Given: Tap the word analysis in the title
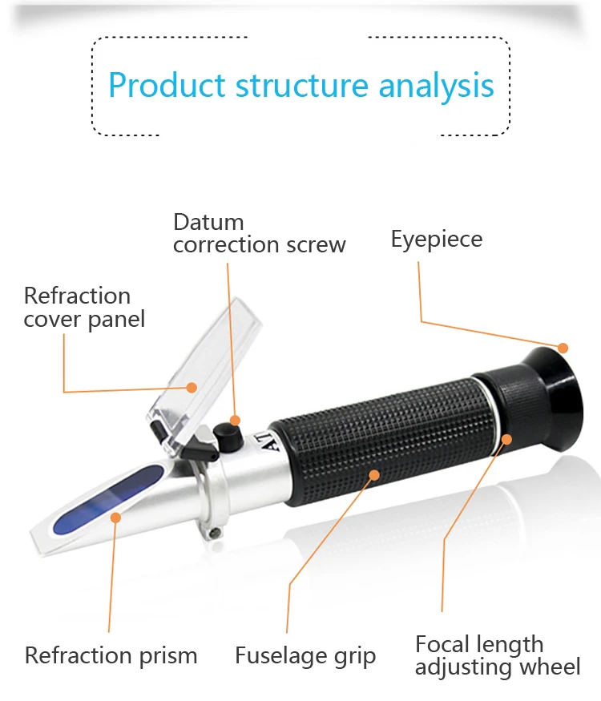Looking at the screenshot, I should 436,85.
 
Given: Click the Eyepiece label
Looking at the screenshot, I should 437,239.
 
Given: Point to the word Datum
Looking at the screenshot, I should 208,222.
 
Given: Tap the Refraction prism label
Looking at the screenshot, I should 111,655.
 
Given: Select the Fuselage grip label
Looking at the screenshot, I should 305,657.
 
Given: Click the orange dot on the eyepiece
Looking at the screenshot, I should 563,348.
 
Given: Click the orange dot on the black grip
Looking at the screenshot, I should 373,474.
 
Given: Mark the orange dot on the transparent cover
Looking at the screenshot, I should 192,388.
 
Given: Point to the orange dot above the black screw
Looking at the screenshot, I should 236,420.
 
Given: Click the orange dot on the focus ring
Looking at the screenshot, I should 507,437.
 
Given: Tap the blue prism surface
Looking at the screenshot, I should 96,501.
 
